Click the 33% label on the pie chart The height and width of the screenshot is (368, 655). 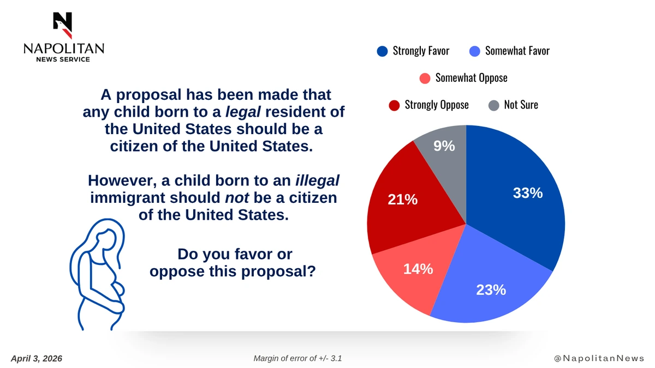click(x=527, y=192)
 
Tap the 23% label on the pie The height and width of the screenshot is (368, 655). click(x=491, y=290)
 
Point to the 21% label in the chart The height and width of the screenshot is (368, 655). click(x=403, y=200)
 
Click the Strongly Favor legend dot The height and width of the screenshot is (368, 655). click(x=382, y=51)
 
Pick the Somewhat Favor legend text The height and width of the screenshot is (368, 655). click(x=517, y=51)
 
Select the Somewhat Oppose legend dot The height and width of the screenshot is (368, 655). click(x=425, y=78)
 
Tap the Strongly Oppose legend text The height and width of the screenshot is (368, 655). click(x=436, y=105)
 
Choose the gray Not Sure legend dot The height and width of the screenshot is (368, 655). click(x=493, y=105)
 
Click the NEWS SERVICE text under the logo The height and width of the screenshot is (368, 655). click(x=63, y=59)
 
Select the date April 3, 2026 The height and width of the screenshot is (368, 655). click(x=37, y=358)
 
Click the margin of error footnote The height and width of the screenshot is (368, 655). click(x=297, y=358)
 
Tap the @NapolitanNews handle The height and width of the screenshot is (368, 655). click(x=599, y=358)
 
